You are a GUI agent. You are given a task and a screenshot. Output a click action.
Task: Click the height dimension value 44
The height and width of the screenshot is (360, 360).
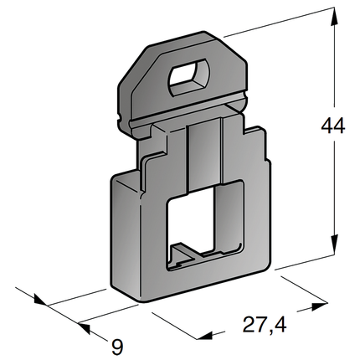pos(333,127)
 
